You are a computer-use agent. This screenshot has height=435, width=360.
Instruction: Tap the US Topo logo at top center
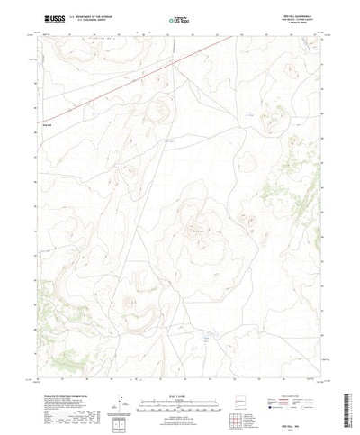[179, 18]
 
